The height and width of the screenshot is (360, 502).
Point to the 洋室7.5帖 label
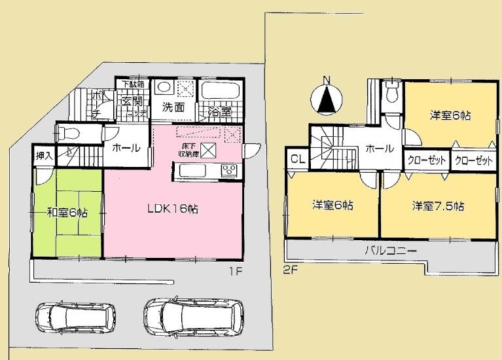pyautogui.click(x=438, y=206)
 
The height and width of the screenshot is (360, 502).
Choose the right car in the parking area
pyautogui.click(x=193, y=317)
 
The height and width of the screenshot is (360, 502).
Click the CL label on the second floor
pyautogui.click(x=295, y=159)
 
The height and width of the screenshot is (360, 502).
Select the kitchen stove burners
pyautogui.click(x=230, y=171)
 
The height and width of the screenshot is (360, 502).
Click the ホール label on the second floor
pyautogui.click(x=379, y=149)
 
